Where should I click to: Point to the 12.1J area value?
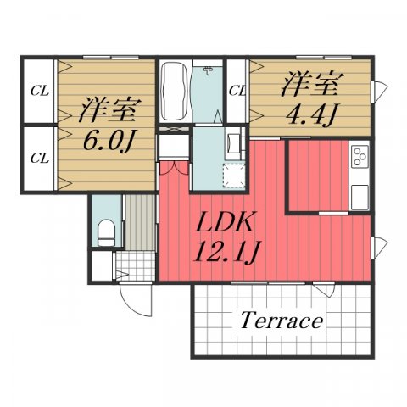[x=227, y=253]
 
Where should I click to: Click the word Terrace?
[x=282, y=321]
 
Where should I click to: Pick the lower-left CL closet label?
[x=38, y=158]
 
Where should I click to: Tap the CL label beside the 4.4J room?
[x=237, y=89]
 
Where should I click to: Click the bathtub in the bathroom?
[x=174, y=92]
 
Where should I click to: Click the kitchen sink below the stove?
[x=360, y=193]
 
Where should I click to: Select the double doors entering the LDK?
[x=173, y=166]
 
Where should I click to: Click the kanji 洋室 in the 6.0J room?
[x=104, y=110]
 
